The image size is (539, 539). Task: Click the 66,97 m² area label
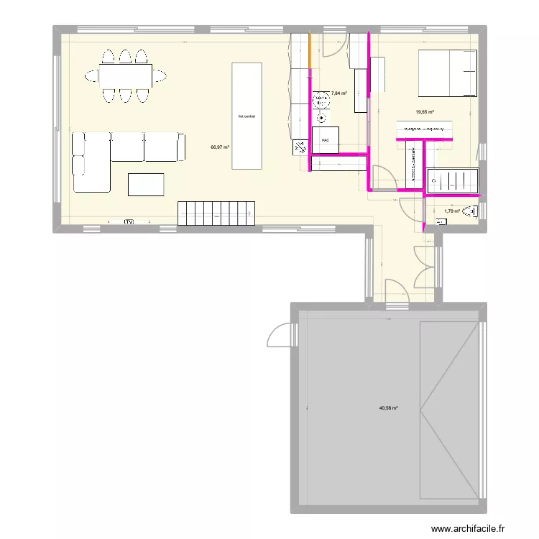[220, 147]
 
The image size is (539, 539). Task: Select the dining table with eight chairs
[126, 75]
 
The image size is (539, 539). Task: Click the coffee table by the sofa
[146, 185]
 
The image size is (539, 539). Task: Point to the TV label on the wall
[130, 222]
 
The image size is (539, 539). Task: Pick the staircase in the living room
[217, 212]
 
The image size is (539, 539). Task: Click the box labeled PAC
[326, 141]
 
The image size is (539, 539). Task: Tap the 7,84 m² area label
[338, 93]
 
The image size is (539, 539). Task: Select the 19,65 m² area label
[425, 111]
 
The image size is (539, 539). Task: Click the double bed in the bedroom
[448, 73]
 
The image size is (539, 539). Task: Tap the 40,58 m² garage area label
[389, 408]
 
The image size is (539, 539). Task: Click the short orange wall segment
[310, 51]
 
